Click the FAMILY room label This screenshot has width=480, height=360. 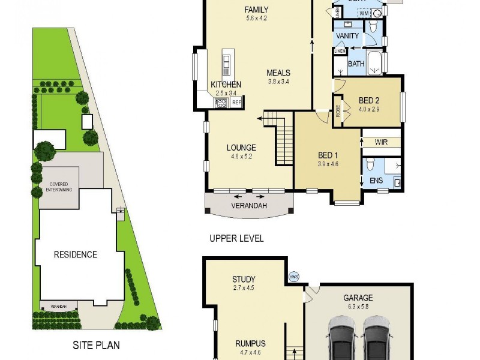(256, 10)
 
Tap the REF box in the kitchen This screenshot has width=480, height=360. (236, 103)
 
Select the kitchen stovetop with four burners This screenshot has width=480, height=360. (220, 103)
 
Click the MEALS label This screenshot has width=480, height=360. (278, 73)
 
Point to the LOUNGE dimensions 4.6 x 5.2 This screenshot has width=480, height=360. (241, 157)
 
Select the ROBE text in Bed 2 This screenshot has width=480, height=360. (337, 111)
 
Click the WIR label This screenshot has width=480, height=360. (380, 142)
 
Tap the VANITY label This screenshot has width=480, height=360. (347, 36)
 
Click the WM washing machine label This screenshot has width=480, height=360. (364, 13)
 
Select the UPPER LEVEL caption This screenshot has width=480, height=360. (236, 238)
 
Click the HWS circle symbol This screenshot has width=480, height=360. (294, 277)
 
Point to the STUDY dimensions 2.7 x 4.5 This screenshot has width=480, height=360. (244, 288)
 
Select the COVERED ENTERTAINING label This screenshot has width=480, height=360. (59, 187)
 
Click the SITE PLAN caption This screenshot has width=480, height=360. (96, 345)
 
